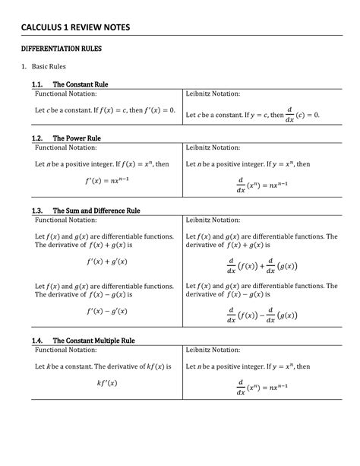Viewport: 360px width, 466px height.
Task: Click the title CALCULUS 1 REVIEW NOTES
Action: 75,27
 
